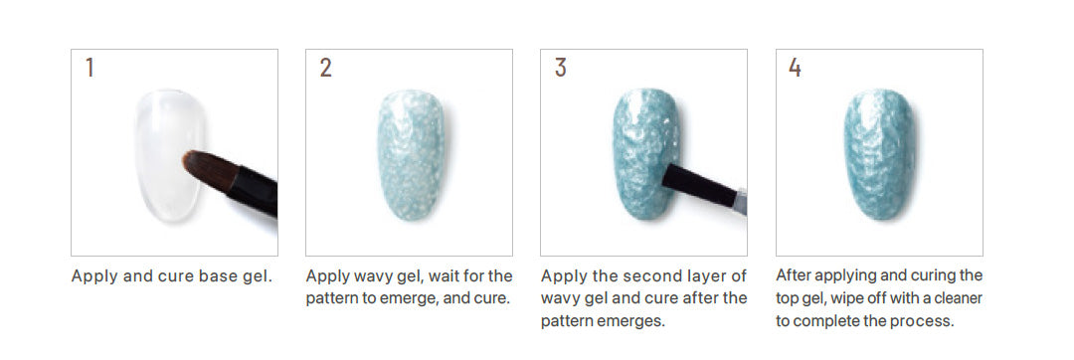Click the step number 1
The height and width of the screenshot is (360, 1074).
click(89, 68)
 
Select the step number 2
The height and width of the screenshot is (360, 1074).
click(325, 68)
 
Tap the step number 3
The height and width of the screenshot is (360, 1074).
click(560, 68)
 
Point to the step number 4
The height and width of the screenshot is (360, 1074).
click(795, 68)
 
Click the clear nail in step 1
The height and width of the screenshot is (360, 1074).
click(168, 155)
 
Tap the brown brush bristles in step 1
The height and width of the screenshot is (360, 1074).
click(210, 169)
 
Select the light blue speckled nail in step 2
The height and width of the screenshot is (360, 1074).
click(410, 155)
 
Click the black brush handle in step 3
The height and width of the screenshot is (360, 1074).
click(700, 186)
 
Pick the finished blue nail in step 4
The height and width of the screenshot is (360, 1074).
click(879, 155)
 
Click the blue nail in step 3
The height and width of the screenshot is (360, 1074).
click(643, 155)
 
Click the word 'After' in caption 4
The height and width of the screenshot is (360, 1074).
click(792, 275)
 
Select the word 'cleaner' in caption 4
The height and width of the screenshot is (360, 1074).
click(957, 297)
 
